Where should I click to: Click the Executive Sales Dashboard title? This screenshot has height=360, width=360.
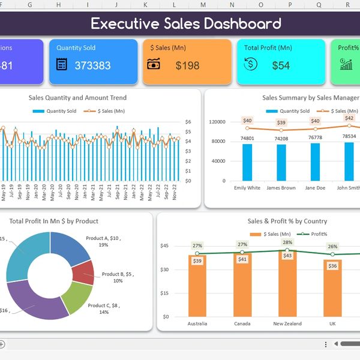pyautogui.click(x=186, y=24)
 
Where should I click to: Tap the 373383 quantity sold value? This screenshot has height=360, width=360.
pyautogui.click(x=92, y=65)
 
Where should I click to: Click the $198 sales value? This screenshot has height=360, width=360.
pyautogui.click(x=187, y=65)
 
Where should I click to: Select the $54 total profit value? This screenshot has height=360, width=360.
pyautogui.click(x=281, y=65)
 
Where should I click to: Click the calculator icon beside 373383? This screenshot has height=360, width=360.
pyautogui.click(x=61, y=64)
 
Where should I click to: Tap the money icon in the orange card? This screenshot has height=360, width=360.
pyautogui.click(x=154, y=64)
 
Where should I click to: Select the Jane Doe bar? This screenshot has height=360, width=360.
pyautogui.click(x=315, y=161)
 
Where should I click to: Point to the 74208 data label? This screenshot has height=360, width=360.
pyautogui.click(x=281, y=139)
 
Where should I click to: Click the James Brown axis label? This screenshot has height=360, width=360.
pyautogui.click(x=281, y=188)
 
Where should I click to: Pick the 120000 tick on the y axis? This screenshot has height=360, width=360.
pyautogui.click(x=217, y=122)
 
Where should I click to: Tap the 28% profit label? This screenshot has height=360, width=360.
pyautogui.click(x=287, y=243)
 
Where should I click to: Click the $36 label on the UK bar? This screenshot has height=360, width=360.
pyautogui.click(x=332, y=266)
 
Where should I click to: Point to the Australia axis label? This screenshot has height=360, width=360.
pyautogui.click(x=197, y=323)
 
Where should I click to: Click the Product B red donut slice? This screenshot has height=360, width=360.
pyautogui.click(x=82, y=272)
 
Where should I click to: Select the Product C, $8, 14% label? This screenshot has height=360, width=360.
pyautogui.click(x=104, y=308)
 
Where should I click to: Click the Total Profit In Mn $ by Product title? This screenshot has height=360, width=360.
pyautogui.click(x=54, y=221)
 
